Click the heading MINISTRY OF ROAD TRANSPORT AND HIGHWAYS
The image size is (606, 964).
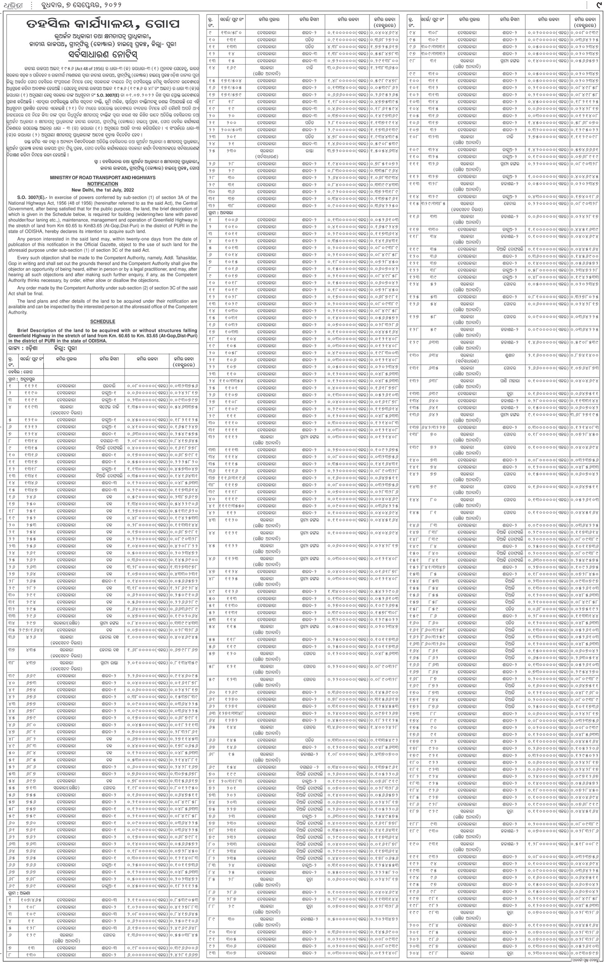point(103,177)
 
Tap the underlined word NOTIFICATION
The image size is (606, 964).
point(103,183)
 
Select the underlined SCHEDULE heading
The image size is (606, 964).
point(103,321)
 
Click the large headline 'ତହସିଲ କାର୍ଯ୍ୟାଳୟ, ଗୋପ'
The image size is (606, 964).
point(103,24)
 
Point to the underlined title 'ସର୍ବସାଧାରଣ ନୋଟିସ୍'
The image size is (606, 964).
point(103,54)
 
